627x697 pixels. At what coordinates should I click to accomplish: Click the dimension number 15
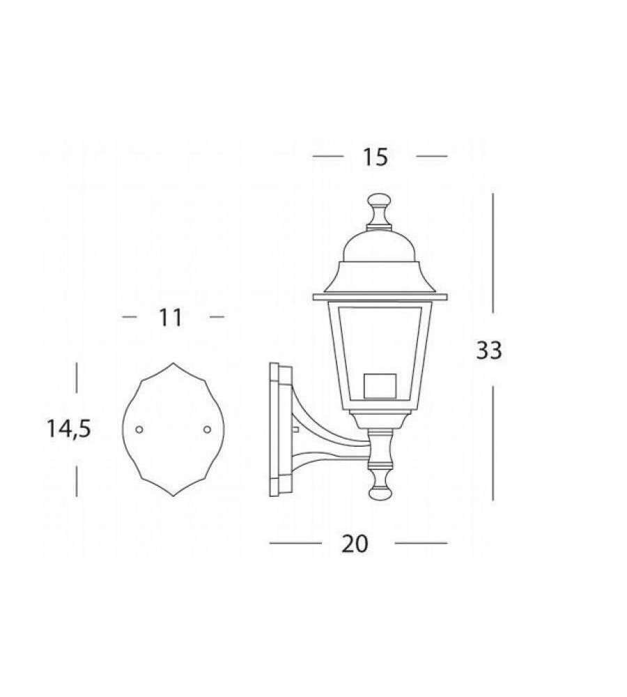[x=376, y=158]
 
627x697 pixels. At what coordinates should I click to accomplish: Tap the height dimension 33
[x=489, y=350]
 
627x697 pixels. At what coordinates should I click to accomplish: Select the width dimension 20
[x=355, y=544]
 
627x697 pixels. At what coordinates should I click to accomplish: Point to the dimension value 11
[x=171, y=318]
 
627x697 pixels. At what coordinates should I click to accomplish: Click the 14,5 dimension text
[x=69, y=429]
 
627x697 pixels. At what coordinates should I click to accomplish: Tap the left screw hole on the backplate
[x=139, y=429]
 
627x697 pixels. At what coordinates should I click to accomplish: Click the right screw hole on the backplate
[x=207, y=429]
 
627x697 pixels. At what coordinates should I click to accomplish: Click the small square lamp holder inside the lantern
[x=380, y=385]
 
